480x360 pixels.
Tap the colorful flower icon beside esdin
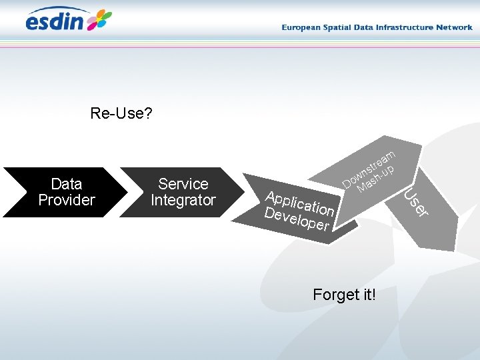pos(99,20)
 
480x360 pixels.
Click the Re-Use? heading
pos(121,113)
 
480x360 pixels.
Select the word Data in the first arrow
pos(67,184)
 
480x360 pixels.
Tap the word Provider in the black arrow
pos(67,200)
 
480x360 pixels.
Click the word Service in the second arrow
pos(183,184)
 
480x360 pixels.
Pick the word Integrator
pos(183,200)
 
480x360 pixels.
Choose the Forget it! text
pos(345,294)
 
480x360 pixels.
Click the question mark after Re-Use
pos(148,113)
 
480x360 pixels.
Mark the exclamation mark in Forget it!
pos(374,294)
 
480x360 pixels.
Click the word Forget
pos(335,294)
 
